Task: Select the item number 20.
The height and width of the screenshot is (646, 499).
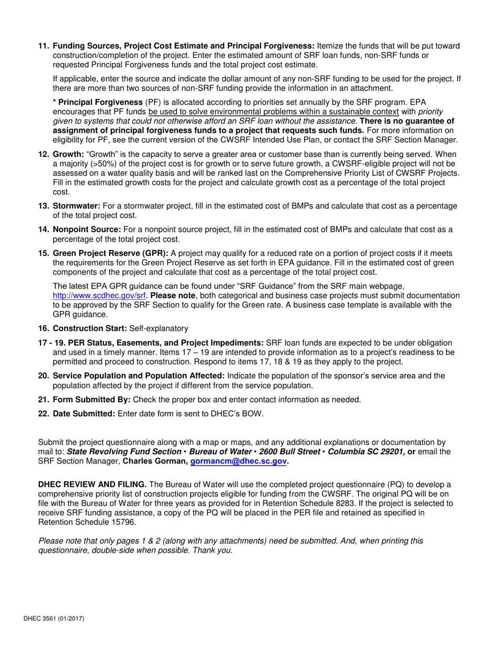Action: pos(44,376)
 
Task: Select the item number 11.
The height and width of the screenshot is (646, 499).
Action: pos(44,46)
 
